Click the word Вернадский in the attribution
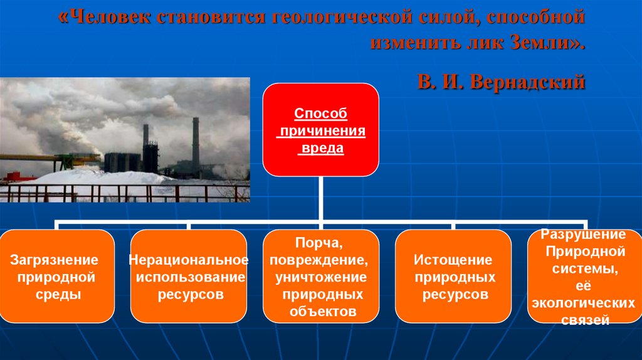[528, 82]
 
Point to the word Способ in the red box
[320, 114]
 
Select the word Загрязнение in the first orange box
[54, 260]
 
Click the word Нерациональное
[189, 260]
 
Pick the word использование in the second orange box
[191, 277]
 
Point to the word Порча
[319, 243]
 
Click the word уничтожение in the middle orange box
[321, 278]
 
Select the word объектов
[323, 311]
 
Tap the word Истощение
[453, 260]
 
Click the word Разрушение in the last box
[583, 235]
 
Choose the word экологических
[583, 303]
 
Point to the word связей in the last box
[585, 320]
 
